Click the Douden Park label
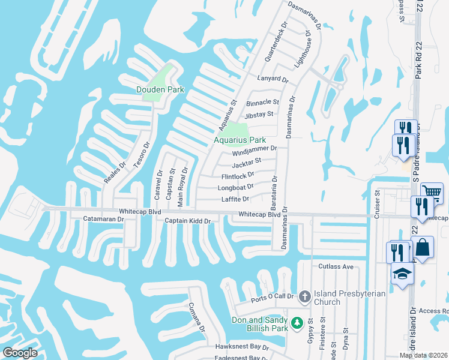coord(152,90)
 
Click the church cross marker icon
coord(304,296)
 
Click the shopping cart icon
coord(432,193)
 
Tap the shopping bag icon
coord(423,248)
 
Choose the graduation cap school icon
coord(401,274)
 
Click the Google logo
coord(19,353)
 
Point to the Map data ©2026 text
coord(423,355)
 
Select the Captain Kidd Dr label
coord(188,221)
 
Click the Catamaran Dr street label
coord(103,220)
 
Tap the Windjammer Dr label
coord(255,149)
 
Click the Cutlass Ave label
coord(336,266)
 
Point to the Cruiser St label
coord(378,204)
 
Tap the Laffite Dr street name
coord(235,199)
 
